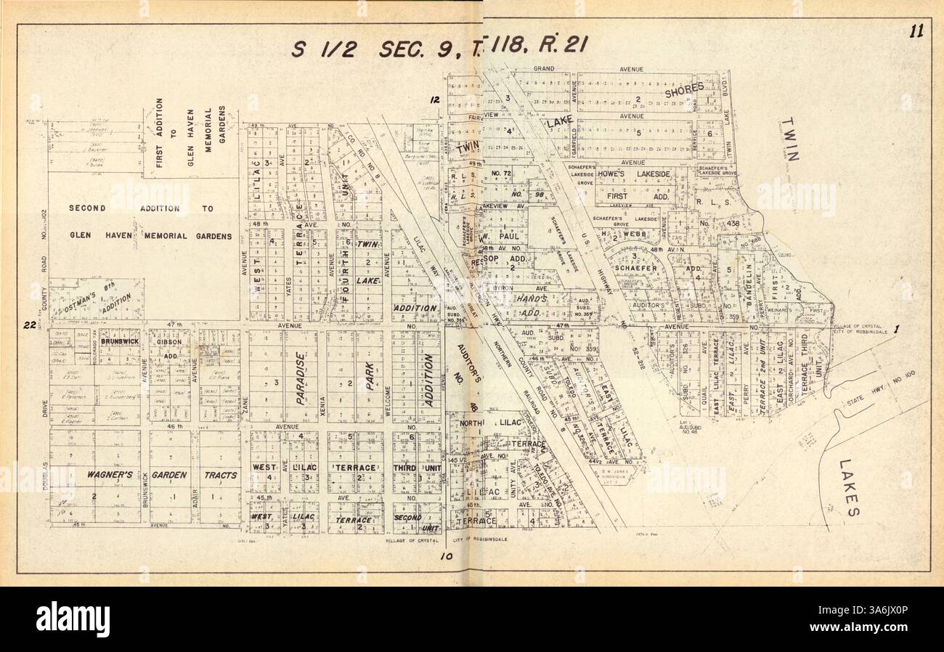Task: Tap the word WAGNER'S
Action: click(x=108, y=475)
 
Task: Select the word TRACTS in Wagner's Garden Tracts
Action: click(x=220, y=475)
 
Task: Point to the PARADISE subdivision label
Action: click(x=299, y=378)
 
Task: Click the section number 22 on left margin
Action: click(x=30, y=325)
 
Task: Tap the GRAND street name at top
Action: click(x=544, y=69)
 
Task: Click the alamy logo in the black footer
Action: click(x=73, y=619)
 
